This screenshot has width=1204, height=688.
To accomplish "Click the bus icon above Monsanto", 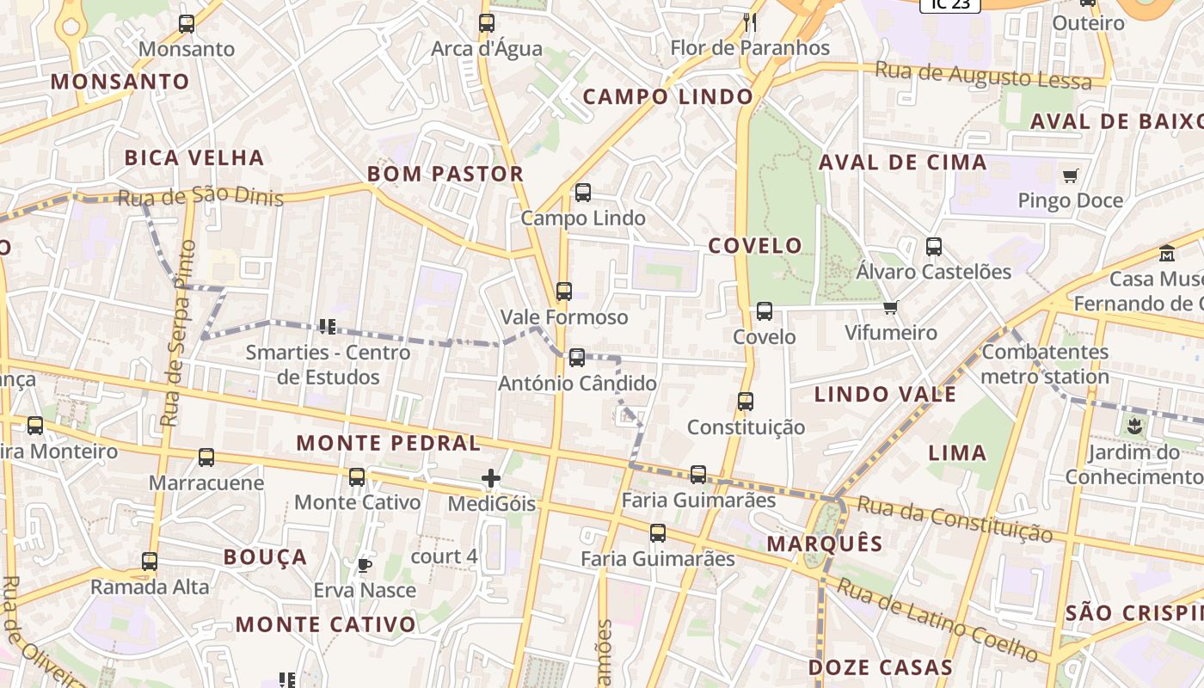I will (x=187, y=24).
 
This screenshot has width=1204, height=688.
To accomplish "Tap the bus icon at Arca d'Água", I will (x=487, y=23).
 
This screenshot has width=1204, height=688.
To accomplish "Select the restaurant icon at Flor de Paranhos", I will (x=750, y=22).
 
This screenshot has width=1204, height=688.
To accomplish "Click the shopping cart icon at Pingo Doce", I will (x=1071, y=176).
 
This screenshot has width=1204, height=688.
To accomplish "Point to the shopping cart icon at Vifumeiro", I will (x=891, y=308).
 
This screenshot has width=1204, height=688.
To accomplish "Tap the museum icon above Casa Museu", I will (x=1167, y=254).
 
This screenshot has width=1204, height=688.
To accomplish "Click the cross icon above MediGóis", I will (x=491, y=478).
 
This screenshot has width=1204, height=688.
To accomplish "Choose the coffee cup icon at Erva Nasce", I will (x=365, y=565).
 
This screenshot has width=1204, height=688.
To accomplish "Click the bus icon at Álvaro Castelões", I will (x=934, y=247).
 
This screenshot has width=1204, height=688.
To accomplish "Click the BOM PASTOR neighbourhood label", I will (x=445, y=174).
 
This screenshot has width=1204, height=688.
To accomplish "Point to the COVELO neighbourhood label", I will (x=755, y=246).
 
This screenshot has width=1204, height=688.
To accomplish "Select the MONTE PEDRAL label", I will (x=389, y=444).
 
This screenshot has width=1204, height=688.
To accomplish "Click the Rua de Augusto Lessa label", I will (x=983, y=76).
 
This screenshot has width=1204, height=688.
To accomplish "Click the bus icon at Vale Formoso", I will (x=564, y=292).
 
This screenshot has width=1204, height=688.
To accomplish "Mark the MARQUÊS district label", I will (x=825, y=544).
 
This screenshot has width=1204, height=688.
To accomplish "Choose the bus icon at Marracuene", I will (x=206, y=458).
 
